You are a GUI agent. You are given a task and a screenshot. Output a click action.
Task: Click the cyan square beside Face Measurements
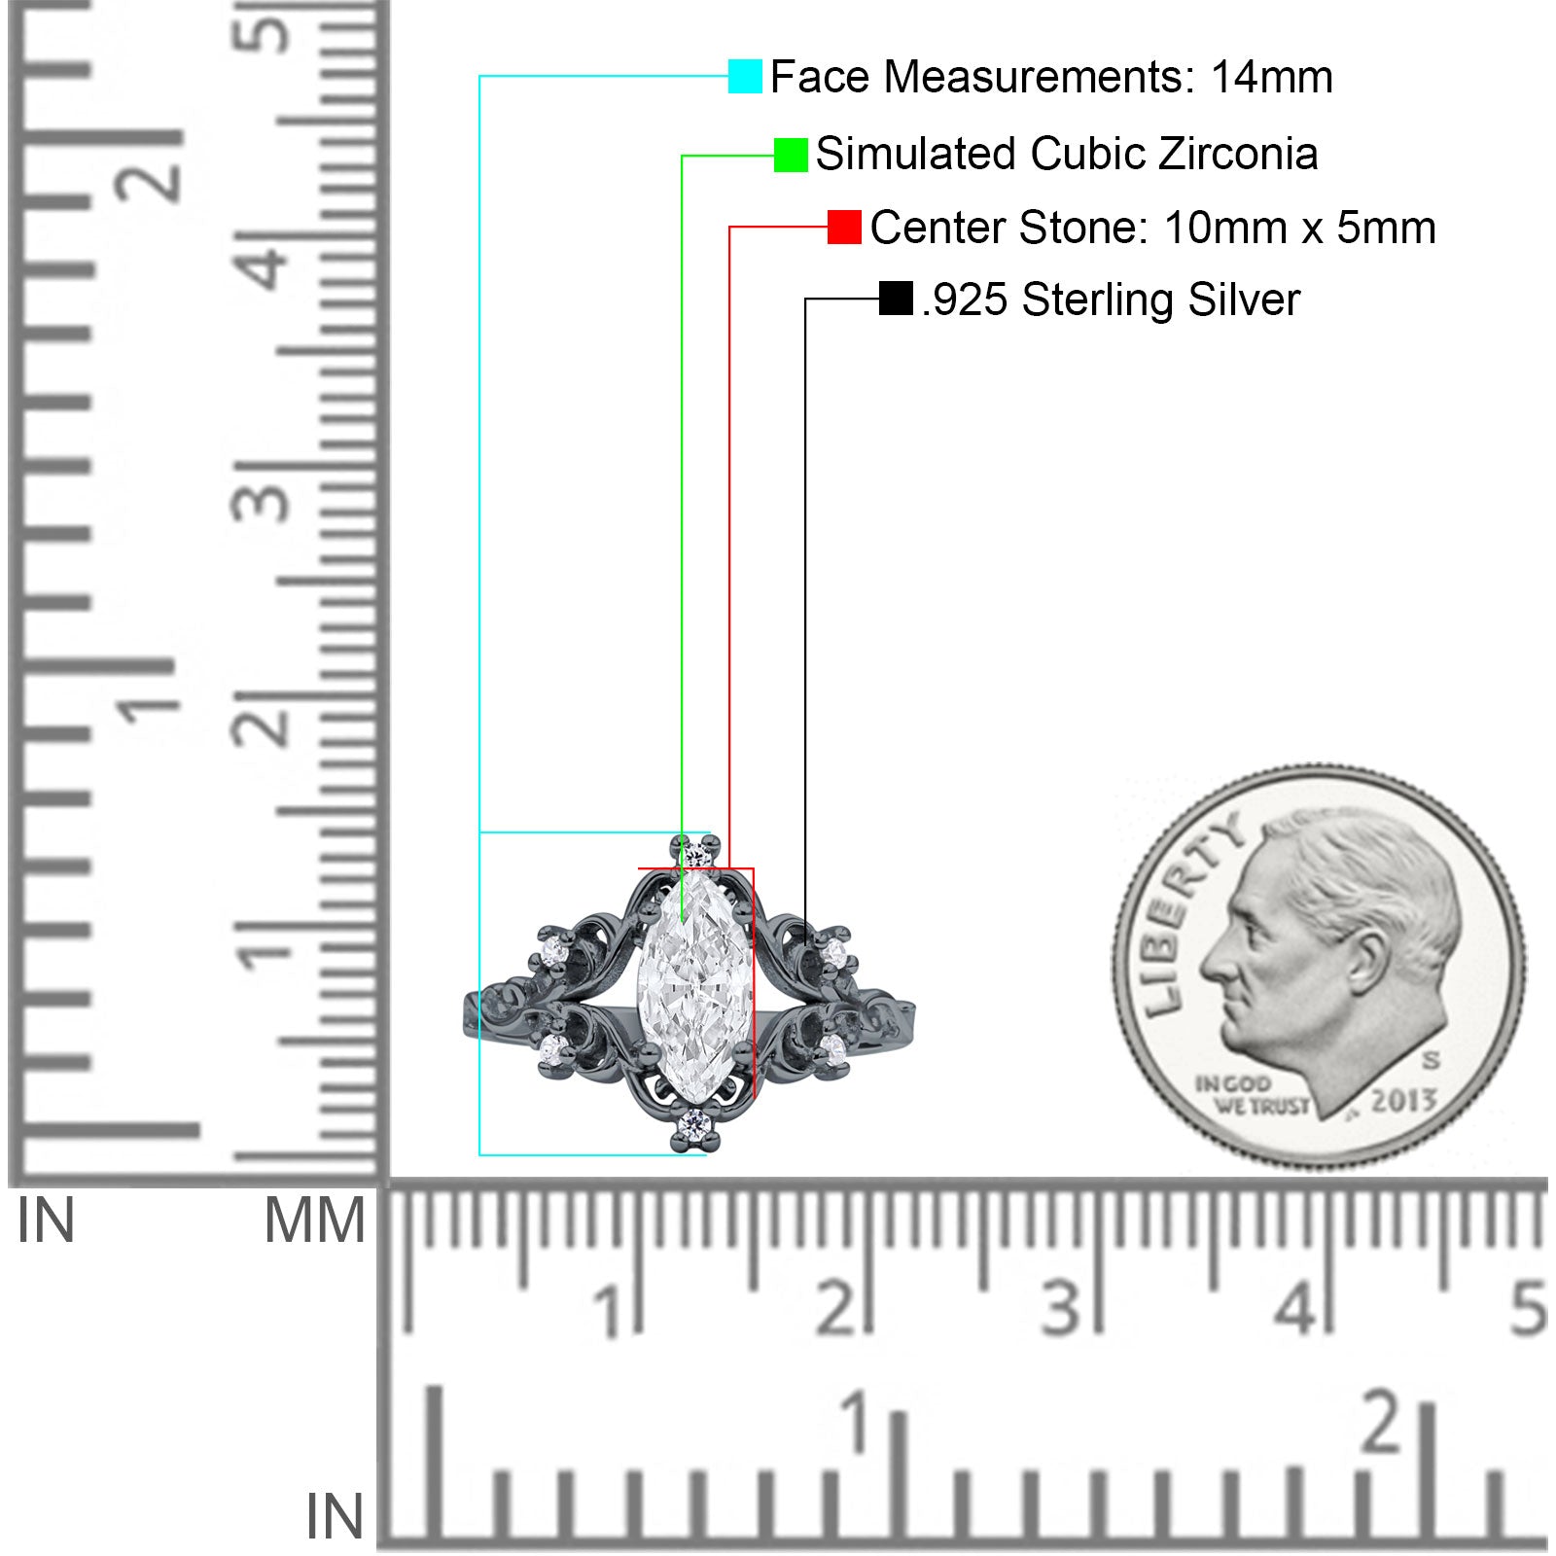pos(745,76)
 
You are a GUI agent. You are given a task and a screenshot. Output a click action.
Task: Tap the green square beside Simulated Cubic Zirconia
pos(791,155)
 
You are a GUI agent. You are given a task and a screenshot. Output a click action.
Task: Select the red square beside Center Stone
pos(844,228)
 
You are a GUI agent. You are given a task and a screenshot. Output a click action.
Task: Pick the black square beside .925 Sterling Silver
pos(896,299)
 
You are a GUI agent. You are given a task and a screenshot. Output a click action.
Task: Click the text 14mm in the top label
pos(1271,77)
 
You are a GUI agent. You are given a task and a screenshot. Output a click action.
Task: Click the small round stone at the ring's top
pos(694,857)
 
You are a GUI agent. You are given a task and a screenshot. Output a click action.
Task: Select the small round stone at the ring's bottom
pos(695,1124)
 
